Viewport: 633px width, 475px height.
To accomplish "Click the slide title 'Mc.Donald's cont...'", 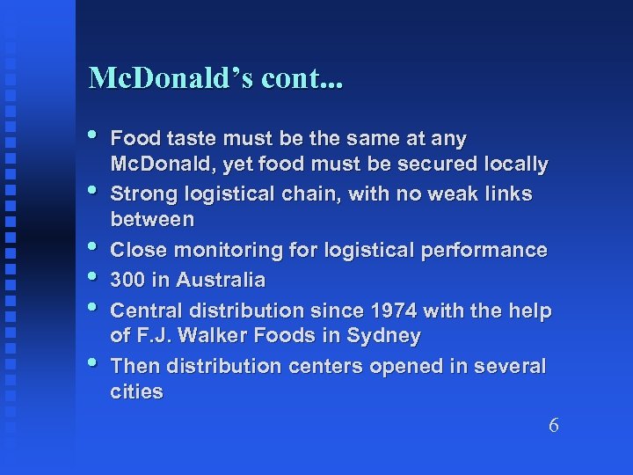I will click(216, 79).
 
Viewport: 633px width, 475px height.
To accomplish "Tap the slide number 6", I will click(553, 426).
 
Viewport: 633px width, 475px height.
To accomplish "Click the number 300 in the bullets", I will click(129, 280).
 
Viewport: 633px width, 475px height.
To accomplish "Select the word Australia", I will click(221, 280).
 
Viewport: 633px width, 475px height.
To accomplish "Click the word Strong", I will click(142, 193).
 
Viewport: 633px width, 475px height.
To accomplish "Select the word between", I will click(151, 217).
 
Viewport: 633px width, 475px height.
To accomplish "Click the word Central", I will click(145, 311).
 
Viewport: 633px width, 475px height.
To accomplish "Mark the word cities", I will click(137, 392).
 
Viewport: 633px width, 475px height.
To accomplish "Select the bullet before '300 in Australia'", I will click(95, 279).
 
